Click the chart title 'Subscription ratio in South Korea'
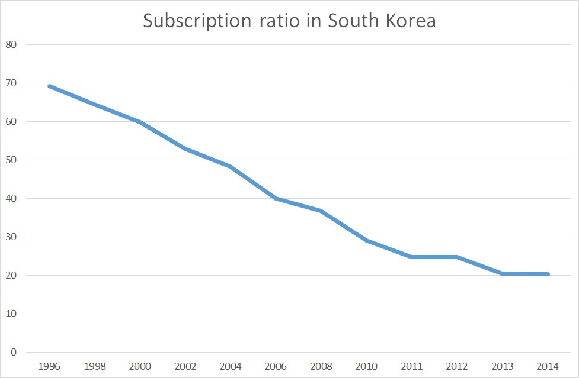[289, 21]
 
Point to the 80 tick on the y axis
[11, 45]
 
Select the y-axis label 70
[11, 83]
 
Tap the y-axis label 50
[11, 160]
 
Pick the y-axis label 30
[11, 237]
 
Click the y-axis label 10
[11, 314]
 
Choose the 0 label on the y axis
[13, 353]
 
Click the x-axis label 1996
[49, 366]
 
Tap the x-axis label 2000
[140, 366]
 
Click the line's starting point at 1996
[49, 86]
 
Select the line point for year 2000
[140, 122]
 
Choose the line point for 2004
[231, 166]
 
